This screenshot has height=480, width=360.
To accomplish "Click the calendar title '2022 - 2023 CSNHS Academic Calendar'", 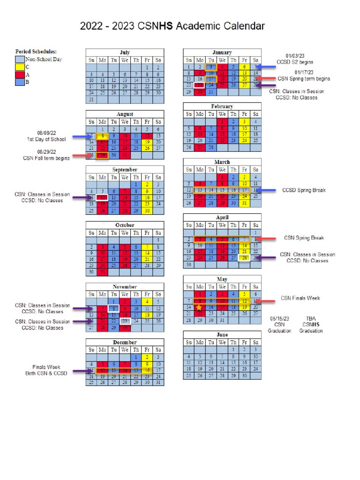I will coord(172,26).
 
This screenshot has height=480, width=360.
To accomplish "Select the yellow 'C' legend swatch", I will coord(20,67).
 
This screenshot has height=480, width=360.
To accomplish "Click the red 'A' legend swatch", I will coord(20,75).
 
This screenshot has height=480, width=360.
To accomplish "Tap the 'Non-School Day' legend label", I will coord(44,60).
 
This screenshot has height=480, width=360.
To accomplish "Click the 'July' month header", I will coord(125,52).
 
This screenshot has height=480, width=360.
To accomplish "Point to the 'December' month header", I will coord(125,342).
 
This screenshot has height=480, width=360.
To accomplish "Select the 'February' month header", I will coord(222,106).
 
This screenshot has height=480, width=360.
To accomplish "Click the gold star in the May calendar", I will coord(200,307).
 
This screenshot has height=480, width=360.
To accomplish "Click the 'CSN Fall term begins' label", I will coord(46,158).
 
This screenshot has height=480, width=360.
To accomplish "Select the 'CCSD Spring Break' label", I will coord(304,190).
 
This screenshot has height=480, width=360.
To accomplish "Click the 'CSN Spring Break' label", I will coord(304,238).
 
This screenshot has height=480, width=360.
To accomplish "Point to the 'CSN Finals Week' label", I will coord(300,298).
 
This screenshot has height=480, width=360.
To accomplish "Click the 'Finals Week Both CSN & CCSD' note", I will coord(46,370).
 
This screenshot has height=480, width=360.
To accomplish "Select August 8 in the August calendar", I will coord(102,136).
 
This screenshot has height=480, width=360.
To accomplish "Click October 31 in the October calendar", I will coord(102,272).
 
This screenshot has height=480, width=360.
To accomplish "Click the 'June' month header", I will coord(222,335).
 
